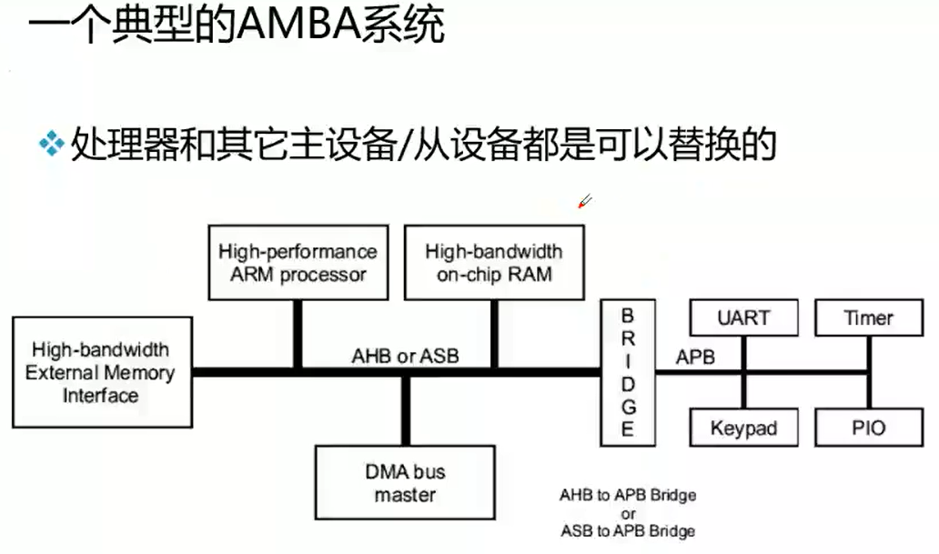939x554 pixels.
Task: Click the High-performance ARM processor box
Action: (x=298, y=263)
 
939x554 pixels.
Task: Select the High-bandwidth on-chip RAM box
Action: (x=494, y=263)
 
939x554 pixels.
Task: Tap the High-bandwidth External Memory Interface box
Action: (x=103, y=373)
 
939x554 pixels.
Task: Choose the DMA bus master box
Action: (x=405, y=483)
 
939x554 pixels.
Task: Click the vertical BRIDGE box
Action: (x=628, y=373)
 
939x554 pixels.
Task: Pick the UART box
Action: (x=743, y=317)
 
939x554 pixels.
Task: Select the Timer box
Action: (x=869, y=317)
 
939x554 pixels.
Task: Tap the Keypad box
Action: (x=743, y=428)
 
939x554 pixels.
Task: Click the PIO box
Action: (x=869, y=428)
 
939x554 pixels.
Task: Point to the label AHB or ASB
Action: (x=406, y=356)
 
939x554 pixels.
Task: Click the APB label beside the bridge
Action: (x=695, y=357)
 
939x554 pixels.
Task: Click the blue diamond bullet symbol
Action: (x=52, y=144)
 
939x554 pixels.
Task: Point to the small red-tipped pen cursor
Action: (x=585, y=201)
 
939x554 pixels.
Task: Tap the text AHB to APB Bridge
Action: (x=628, y=495)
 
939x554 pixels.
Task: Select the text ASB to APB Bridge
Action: (x=628, y=530)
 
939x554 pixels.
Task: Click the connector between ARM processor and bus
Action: (x=298, y=334)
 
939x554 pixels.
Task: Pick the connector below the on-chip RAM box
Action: (x=495, y=334)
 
